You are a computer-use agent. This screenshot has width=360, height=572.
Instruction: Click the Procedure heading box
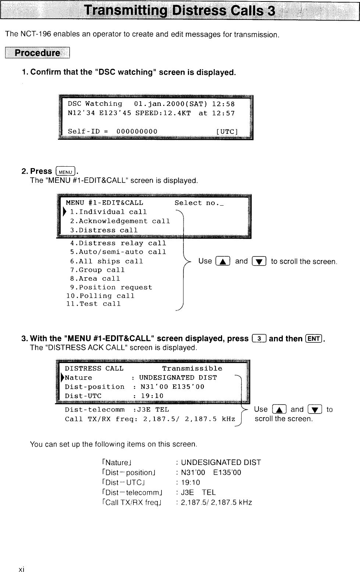point(37,53)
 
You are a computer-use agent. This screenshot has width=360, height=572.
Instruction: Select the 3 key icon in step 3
point(260,338)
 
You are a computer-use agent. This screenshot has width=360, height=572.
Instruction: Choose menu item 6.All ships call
point(107,261)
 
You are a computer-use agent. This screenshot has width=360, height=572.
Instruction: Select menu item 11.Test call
point(93,304)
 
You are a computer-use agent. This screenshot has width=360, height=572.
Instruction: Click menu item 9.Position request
point(111,287)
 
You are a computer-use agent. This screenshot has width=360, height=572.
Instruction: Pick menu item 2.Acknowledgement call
point(120,221)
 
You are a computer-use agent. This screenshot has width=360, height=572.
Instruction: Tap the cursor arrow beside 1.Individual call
point(65,212)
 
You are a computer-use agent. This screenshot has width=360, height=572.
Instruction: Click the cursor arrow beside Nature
point(63,377)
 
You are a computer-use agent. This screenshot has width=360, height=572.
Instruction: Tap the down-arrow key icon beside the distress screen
point(316,410)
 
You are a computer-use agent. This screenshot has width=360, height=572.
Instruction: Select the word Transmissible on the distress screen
point(192,369)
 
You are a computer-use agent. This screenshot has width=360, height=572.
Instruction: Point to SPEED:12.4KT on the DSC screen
point(163,113)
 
